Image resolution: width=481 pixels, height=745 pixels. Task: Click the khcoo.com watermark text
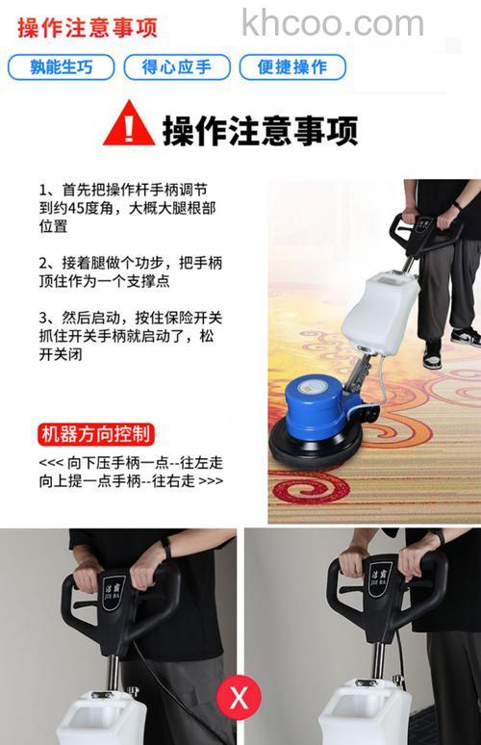(332, 23)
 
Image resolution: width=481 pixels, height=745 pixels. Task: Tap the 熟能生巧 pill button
(61, 67)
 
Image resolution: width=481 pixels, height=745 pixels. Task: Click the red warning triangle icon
(129, 124)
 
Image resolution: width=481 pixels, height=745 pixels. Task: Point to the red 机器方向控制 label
(96, 434)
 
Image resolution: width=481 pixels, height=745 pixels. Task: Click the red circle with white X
(239, 696)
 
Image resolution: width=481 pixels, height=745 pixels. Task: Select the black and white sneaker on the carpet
(465, 337)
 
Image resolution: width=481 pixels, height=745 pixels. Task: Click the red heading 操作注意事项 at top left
(87, 27)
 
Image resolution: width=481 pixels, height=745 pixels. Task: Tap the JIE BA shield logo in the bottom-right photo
(380, 580)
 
